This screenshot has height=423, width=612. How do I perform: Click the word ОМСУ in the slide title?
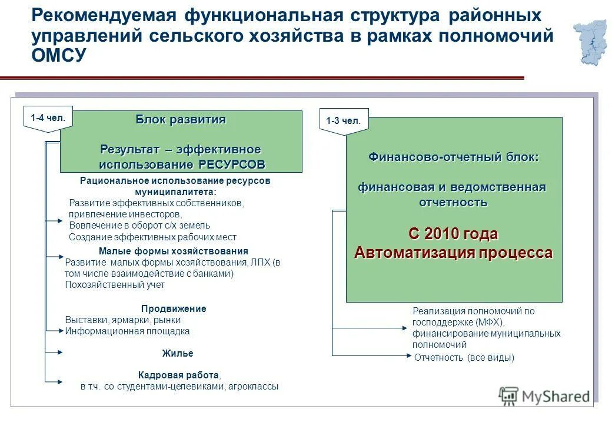[59, 56]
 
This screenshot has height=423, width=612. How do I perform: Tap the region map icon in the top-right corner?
[590, 42]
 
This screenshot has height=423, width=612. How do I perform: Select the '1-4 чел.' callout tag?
[48, 117]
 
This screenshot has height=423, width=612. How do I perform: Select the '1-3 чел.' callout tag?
[343, 121]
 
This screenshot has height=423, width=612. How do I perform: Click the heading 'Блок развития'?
[181, 120]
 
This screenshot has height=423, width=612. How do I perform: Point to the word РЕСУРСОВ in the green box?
[231, 164]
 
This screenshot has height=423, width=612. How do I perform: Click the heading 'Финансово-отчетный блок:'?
[453, 157]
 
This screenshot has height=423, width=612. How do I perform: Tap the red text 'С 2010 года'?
[453, 234]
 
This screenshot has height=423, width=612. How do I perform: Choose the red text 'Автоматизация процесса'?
[453, 253]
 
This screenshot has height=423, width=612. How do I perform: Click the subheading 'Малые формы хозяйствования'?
[173, 251]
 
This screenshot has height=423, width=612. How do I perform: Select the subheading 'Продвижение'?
[174, 308]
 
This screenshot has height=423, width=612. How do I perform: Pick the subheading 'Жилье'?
[178, 354]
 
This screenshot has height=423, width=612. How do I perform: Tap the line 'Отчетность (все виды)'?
[464, 357]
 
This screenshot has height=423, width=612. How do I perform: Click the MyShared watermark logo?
[544, 396]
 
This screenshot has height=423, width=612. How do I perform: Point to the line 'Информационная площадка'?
[127, 331]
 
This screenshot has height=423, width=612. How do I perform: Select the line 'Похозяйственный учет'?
[115, 285]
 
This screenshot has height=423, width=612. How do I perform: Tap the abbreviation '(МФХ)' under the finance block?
[488, 323]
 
